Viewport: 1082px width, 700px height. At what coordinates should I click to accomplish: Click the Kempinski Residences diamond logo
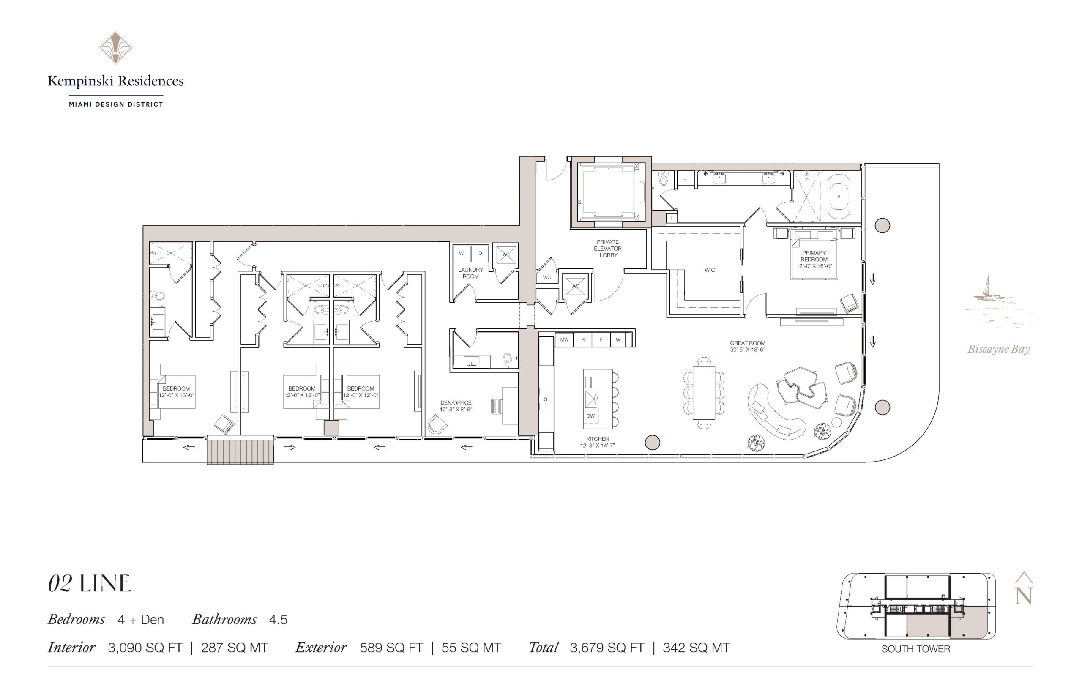click(x=115, y=47)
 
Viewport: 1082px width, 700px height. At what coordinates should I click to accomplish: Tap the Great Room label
click(x=748, y=346)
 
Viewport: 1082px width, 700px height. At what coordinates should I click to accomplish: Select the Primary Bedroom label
click(x=814, y=259)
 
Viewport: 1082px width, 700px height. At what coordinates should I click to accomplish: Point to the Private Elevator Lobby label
click(x=608, y=249)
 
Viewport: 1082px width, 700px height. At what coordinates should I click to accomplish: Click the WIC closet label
click(x=709, y=270)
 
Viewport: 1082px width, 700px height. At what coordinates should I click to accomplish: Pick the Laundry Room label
click(x=470, y=273)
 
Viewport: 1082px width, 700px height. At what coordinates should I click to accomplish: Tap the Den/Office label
click(x=456, y=406)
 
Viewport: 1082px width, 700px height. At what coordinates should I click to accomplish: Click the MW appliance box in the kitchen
click(x=564, y=339)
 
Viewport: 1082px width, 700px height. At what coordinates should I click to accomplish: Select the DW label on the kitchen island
click(x=590, y=416)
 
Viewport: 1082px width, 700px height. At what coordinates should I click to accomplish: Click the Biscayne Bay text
click(x=998, y=349)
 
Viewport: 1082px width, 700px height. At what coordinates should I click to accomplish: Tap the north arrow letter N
click(x=1024, y=596)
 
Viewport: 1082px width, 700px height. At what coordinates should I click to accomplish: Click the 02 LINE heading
click(x=90, y=584)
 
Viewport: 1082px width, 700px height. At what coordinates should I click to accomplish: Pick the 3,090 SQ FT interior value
click(x=145, y=648)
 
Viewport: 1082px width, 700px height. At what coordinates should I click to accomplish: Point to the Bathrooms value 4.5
click(x=278, y=620)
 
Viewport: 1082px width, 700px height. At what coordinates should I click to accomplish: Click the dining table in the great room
click(x=703, y=392)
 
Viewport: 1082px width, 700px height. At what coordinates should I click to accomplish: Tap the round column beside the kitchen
click(x=652, y=442)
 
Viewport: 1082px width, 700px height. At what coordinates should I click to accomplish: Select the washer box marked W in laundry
click(x=461, y=254)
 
